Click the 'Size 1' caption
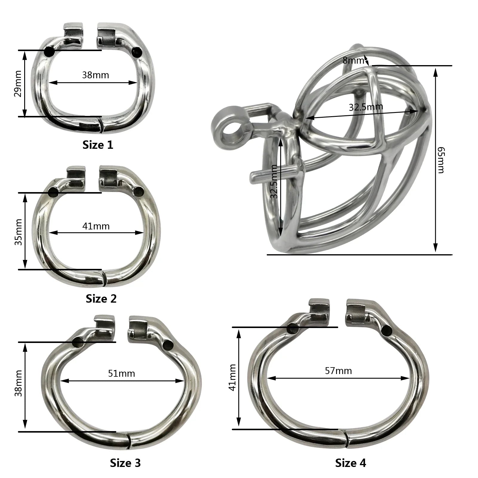(x=98, y=145)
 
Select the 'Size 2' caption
(x=101, y=298)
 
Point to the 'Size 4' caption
(x=350, y=463)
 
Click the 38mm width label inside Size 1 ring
(x=96, y=75)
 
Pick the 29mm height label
(x=18, y=84)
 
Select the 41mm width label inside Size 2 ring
(x=96, y=226)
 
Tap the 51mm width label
(x=121, y=373)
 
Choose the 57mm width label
(x=338, y=371)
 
